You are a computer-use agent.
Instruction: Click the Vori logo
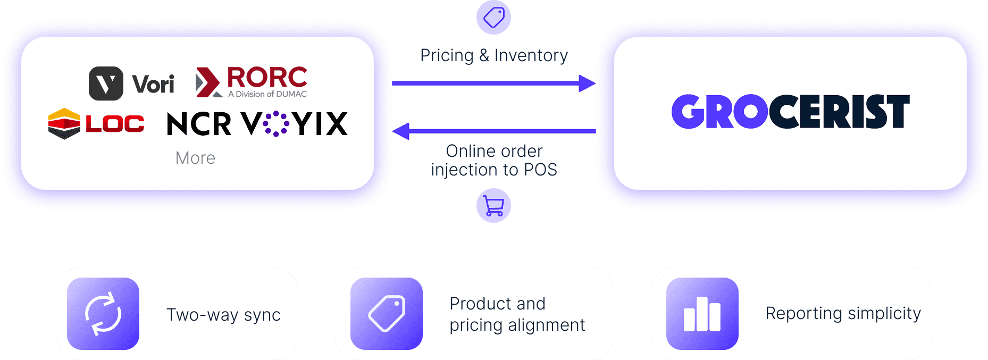click(131, 83)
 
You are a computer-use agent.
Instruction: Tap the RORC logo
click(252, 82)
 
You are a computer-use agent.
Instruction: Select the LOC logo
click(96, 123)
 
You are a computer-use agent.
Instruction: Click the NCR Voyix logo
click(257, 124)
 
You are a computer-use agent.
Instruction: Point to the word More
click(195, 158)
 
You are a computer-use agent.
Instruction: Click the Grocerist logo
click(790, 111)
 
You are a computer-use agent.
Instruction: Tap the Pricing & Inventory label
click(494, 55)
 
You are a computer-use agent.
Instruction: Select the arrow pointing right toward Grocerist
click(494, 83)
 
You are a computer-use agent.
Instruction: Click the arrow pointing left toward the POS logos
click(494, 131)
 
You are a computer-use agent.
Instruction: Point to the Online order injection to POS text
click(494, 160)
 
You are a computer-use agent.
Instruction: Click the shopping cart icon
click(494, 206)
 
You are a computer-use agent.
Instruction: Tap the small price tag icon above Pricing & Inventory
click(494, 18)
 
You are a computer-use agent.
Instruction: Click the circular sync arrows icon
click(103, 314)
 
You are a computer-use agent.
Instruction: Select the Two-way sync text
click(223, 315)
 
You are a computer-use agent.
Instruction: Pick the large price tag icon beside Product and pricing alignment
click(387, 314)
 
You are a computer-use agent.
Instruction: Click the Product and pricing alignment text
click(517, 314)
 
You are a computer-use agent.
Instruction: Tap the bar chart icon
click(702, 314)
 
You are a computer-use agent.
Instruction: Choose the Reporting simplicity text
click(843, 314)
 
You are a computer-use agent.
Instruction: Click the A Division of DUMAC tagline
click(267, 94)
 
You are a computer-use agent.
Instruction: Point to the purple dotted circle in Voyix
click(276, 124)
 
